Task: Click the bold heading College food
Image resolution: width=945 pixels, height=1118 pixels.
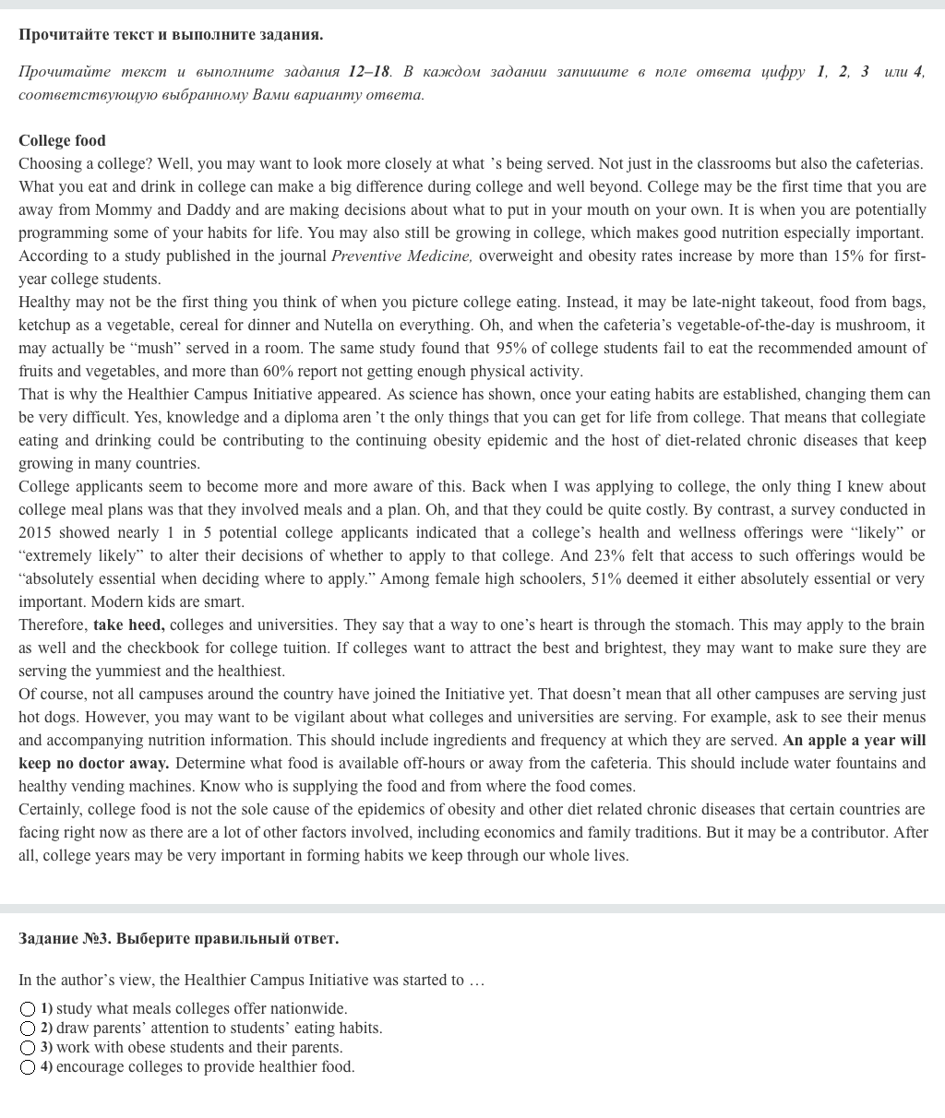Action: click(x=62, y=140)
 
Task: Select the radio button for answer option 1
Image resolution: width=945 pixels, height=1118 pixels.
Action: click(x=28, y=1009)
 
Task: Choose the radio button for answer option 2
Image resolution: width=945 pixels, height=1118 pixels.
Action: click(x=28, y=1029)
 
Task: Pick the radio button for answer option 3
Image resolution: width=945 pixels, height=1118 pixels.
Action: click(x=28, y=1048)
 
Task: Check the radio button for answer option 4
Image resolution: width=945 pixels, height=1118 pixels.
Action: click(x=28, y=1067)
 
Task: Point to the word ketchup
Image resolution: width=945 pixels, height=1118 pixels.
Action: click(x=44, y=325)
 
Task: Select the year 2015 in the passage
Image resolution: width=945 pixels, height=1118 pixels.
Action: click(x=36, y=532)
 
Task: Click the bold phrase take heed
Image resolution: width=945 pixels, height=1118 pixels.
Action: click(x=128, y=624)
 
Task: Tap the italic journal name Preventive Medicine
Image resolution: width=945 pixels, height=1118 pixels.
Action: click(x=401, y=256)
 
